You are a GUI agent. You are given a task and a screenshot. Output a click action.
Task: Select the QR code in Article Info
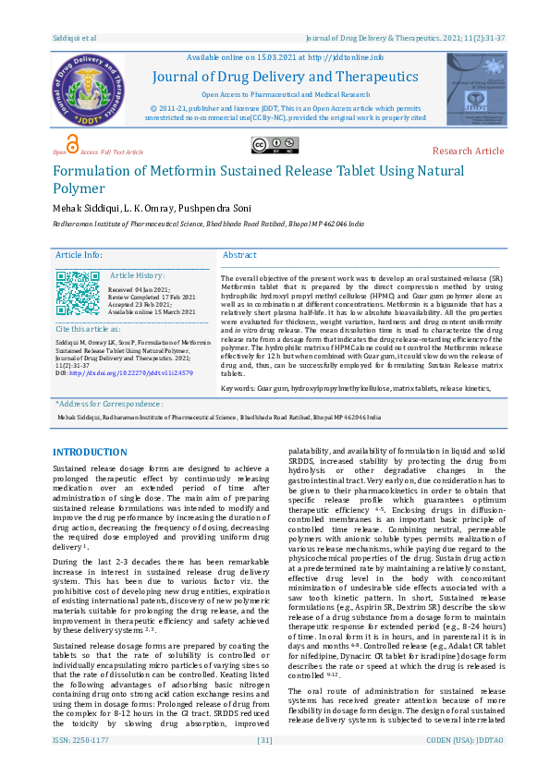(77, 294)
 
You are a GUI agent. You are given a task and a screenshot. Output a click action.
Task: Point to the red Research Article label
(468, 151)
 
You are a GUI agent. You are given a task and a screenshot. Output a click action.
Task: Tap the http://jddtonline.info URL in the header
(346, 57)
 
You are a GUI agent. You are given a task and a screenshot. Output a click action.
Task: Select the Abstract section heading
(239, 255)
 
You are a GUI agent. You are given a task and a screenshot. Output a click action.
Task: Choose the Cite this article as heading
(88, 329)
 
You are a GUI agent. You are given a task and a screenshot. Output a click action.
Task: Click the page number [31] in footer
(264, 766)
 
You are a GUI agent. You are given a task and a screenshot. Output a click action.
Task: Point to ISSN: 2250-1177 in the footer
(80, 766)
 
